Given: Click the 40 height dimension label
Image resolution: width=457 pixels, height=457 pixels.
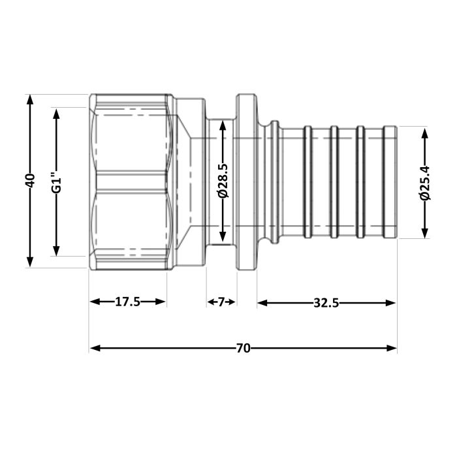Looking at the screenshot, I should pos(29,181).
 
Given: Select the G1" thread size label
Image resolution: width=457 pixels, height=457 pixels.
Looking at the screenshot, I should pos(56,181).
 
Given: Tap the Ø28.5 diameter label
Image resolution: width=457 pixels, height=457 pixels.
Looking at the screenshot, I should pos(223,181).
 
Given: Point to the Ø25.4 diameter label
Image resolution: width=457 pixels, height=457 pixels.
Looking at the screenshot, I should pos(425,182).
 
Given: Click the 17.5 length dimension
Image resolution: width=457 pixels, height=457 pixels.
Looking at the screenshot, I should pos(128,302).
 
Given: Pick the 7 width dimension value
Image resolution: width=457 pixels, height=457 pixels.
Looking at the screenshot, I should pos(221,302).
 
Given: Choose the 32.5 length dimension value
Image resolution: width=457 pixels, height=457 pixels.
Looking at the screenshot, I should pos(326,302).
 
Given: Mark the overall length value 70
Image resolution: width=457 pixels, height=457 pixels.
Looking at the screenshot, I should pos(243,348).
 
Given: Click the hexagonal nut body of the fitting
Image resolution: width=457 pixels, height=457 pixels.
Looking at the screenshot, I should pos(131,181).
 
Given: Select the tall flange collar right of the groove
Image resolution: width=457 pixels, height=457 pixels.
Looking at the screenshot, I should pos(246,181).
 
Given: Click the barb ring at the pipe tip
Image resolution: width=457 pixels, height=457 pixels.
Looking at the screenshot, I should pos(390,181).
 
